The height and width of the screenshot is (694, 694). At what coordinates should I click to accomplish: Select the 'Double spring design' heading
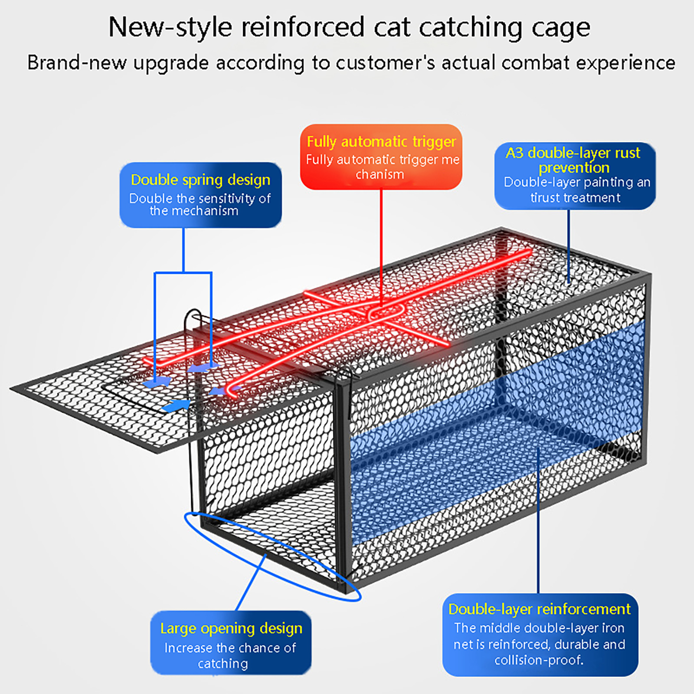(200, 180)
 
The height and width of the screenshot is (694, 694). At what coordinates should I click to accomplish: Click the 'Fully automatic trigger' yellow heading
(381, 141)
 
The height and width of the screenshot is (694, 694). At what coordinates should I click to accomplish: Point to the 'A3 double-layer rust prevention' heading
(573, 160)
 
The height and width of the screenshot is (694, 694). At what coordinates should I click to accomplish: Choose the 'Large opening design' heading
(231, 628)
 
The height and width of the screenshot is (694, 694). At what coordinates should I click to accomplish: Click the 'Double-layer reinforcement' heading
(539, 609)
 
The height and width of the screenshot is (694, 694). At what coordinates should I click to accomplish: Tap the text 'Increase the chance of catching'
(230, 655)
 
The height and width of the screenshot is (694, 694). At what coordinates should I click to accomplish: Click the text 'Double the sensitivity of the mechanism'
(200, 204)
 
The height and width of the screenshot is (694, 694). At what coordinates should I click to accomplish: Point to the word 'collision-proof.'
(539, 660)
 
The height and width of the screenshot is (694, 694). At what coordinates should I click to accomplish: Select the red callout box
(381, 157)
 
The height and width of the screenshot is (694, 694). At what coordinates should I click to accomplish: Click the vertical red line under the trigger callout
(381, 243)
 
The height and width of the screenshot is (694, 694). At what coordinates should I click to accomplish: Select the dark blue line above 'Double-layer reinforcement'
(538, 520)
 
